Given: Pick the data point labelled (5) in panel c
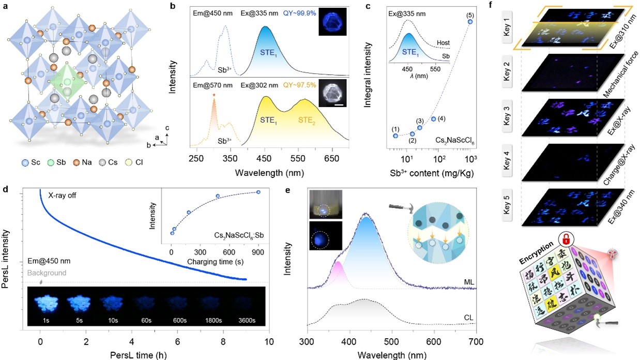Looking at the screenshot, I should click(x=470, y=21).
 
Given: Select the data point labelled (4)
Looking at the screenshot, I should click(x=433, y=119).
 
